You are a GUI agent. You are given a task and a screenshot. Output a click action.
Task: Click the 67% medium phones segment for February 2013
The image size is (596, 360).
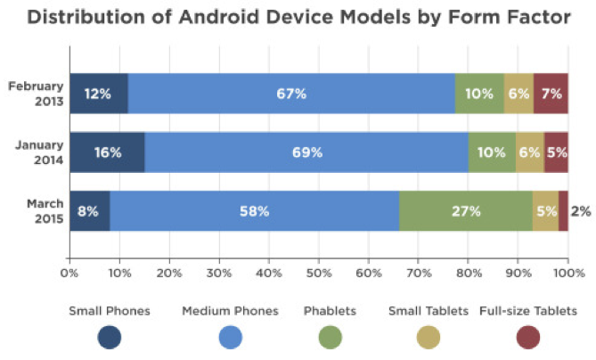click(x=291, y=93)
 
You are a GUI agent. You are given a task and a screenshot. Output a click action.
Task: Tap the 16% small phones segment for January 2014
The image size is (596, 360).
click(x=107, y=152)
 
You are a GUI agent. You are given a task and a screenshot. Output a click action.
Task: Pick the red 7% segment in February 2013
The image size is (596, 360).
click(x=551, y=93)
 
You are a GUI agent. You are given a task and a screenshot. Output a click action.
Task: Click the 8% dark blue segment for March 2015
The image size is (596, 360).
click(x=89, y=211)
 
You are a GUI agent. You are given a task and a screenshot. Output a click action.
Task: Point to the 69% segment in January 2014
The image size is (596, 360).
click(x=306, y=152)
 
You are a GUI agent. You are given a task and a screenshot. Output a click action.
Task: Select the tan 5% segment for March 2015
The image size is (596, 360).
click(x=545, y=211)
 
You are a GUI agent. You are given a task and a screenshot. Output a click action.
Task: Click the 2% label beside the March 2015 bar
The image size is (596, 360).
click(x=580, y=211)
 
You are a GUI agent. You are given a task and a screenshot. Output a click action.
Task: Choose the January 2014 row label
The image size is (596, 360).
click(x=37, y=152)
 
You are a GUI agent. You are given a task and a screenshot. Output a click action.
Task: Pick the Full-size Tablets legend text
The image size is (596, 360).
click(x=528, y=311)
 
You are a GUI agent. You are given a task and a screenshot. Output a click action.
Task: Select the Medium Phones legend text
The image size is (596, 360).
click(x=230, y=311)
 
